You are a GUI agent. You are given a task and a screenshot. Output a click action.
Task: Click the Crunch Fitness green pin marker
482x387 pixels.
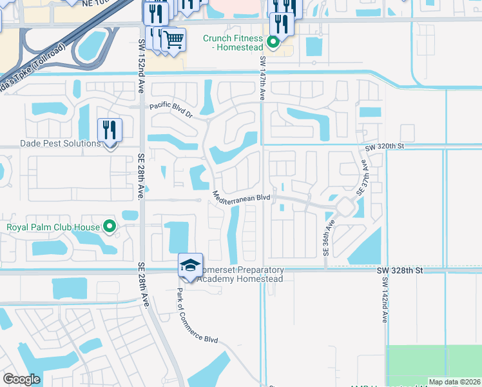[273, 43]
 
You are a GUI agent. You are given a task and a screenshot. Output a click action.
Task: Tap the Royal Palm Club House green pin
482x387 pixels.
[110, 226]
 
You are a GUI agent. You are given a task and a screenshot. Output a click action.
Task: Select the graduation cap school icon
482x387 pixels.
[191, 264]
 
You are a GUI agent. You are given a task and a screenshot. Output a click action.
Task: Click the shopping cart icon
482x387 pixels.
[173, 39]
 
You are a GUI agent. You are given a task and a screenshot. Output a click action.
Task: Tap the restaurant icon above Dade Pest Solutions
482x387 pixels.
[110, 130]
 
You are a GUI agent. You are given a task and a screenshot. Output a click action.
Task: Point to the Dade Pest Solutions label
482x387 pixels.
[52, 143]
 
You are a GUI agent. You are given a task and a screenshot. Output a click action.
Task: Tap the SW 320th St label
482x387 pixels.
[383, 146]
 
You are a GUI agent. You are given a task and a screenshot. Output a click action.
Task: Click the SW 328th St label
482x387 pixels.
[400, 270]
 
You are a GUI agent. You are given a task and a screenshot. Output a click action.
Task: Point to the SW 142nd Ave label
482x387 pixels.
[385, 310]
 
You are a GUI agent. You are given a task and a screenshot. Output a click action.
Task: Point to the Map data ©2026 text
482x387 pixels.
[454, 382]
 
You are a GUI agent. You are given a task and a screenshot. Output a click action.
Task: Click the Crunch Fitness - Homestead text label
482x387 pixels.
[233, 43]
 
